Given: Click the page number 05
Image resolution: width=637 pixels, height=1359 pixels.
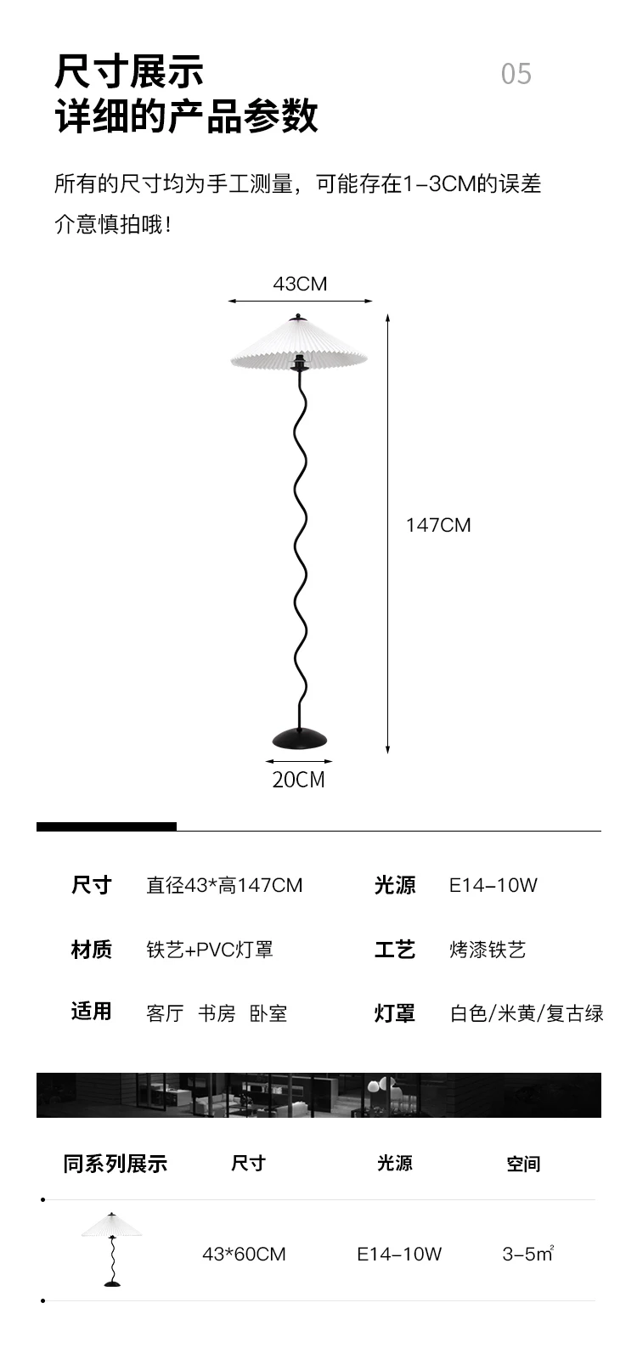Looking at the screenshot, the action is click(x=516, y=75).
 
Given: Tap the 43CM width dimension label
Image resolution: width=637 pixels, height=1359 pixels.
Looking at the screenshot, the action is click(x=299, y=284).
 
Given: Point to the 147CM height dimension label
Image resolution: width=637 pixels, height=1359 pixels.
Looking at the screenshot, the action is click(x=438, y=525).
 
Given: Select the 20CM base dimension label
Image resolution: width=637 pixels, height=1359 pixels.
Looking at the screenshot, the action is click(x=298, y=779).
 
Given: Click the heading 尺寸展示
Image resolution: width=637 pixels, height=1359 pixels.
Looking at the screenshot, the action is click(x=129, y=72).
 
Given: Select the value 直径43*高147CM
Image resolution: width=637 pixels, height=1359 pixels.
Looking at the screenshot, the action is click(x=224, y=885).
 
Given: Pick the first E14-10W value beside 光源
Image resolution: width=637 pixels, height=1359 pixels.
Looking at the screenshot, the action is click(x=493, y=885).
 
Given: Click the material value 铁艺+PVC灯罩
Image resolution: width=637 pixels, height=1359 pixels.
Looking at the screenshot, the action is click(x=210, y=949).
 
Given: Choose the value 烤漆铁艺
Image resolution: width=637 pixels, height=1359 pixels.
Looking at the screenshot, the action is click(x=488, y=949).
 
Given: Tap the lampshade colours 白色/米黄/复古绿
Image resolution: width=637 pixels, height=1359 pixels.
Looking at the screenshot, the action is click(x=527, y=1012).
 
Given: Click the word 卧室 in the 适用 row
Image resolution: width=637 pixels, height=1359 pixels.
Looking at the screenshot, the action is click(x=268, y=1013).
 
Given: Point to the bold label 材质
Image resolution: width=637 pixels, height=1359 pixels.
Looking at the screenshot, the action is click(x=91, y=949).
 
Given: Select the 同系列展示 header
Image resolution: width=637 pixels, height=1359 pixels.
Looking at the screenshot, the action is click(x=115, y=1164).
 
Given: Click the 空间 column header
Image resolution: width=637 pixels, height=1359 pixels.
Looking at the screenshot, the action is click(x=522, y=1164).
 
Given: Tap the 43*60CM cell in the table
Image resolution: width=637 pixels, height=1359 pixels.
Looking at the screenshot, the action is click(x=244, y=1254).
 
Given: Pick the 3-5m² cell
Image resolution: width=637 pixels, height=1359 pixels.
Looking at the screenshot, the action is click(x=527, y=1254).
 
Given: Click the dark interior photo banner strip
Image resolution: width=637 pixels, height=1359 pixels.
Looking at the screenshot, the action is click(x=318, y=1095).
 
